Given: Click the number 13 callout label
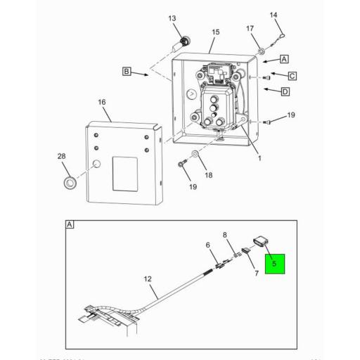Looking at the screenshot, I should pyautogui.click(x=172, y=18).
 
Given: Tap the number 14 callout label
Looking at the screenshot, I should pyautogui.click(x=274, y=15).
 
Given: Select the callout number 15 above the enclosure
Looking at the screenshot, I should pyautogui.click(x=216, y=32).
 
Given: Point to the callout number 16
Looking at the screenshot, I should pyautogui.click(x=101, y=102).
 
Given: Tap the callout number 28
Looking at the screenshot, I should pyautogui.click(x=61, y=156).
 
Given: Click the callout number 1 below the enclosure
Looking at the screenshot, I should pyautogui.click(x=259, y=159).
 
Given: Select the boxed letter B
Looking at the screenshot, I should pyautogui.click(x=127, y=72).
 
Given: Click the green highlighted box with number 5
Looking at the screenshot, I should pyautogui.click(x=275, y=264).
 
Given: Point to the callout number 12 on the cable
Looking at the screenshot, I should pyautogui.click(x=148, y=279).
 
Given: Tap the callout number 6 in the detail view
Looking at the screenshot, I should pyautogui.click(x=208, y=245).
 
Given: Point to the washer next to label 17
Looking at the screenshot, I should pyautogui.click(x=261, y=51).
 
